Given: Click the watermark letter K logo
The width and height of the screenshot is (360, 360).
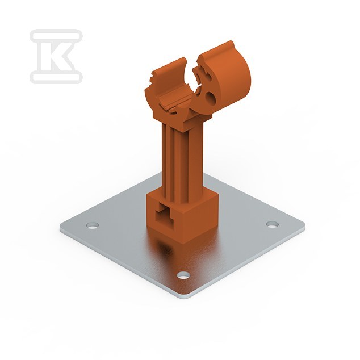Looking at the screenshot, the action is click(56, 56).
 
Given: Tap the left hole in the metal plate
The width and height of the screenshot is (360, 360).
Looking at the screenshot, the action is click(93, 225).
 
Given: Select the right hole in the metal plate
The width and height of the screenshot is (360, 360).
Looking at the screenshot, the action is click(273, 224).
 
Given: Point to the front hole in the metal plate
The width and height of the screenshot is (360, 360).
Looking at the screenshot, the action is click(183, 275).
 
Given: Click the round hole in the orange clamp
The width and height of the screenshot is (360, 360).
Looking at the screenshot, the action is click(211, 97).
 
